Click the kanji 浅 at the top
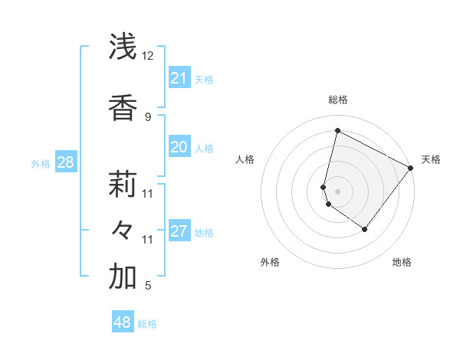coord(123,47)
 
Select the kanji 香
coord(123,108)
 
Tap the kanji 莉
coord(123,185)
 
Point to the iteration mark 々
coord(123,230)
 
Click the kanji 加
coord(123,277)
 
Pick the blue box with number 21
coord(179,78)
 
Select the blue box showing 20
coord(179,147)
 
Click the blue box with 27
coord(179,231)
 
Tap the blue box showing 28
coord(65,162)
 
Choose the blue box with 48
coord(122,322)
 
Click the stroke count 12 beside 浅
coord(147,56)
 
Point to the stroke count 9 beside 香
coord(147,117)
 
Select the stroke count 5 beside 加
coord(147,286)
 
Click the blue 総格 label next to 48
coord(147,324)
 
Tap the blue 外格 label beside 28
coord(41,163)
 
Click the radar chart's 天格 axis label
coord(431,159)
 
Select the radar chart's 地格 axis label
coord(402,262)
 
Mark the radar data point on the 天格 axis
coord(410,168)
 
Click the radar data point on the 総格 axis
coord(337,131)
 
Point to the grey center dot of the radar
coord(337,191)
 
